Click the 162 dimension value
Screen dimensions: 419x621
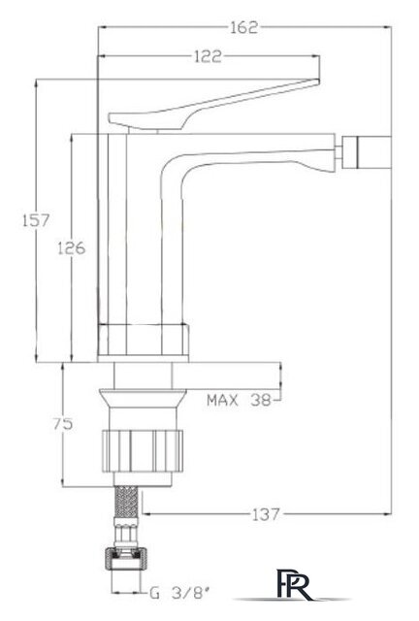click(x=244, y=27)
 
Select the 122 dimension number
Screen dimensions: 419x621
click(x=208, y=56)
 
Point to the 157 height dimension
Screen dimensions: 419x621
click(x=36, y=220)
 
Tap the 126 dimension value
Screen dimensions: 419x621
click(x=72, y=248)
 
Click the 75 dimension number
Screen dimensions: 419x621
click(x=63, y=424)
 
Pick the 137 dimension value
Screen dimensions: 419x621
click(x=266, y=514)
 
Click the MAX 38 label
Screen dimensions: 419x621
click(x=239, y=401)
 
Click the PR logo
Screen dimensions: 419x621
click(x=293, y=584)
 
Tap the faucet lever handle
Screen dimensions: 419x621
click(x=213, y=105)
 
